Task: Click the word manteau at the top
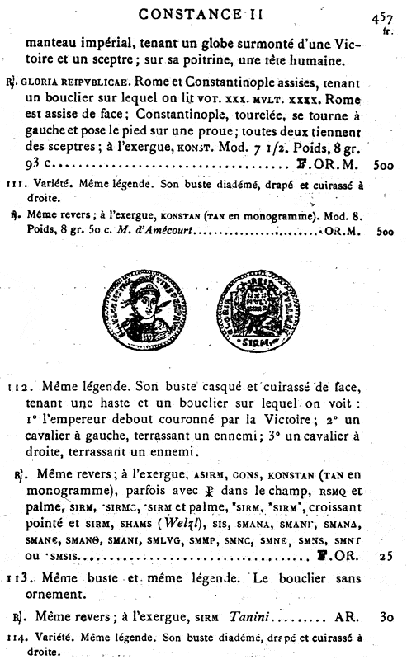[x=53, y=39]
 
